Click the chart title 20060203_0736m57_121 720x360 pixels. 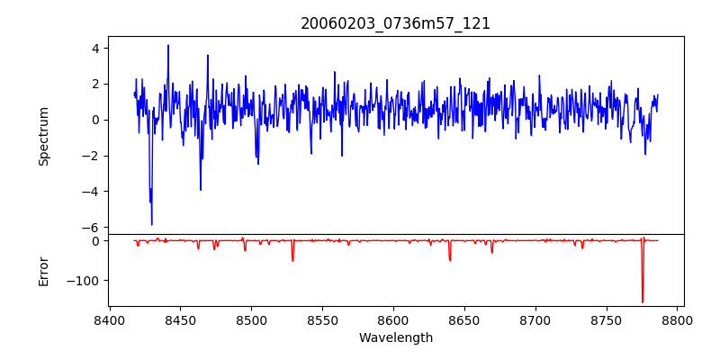[395, 23]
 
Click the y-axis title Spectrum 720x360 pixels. [43, 136]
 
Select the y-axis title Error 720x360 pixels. [43, 270]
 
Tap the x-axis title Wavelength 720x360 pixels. [395, 337]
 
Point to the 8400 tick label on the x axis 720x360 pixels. [110, 319]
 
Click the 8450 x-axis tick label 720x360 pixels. [181, 319]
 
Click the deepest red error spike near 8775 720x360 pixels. [643, 301]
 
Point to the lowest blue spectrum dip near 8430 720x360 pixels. [152, 223]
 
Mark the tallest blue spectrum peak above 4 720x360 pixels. [167, 46]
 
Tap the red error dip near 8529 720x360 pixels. [292, 260]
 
